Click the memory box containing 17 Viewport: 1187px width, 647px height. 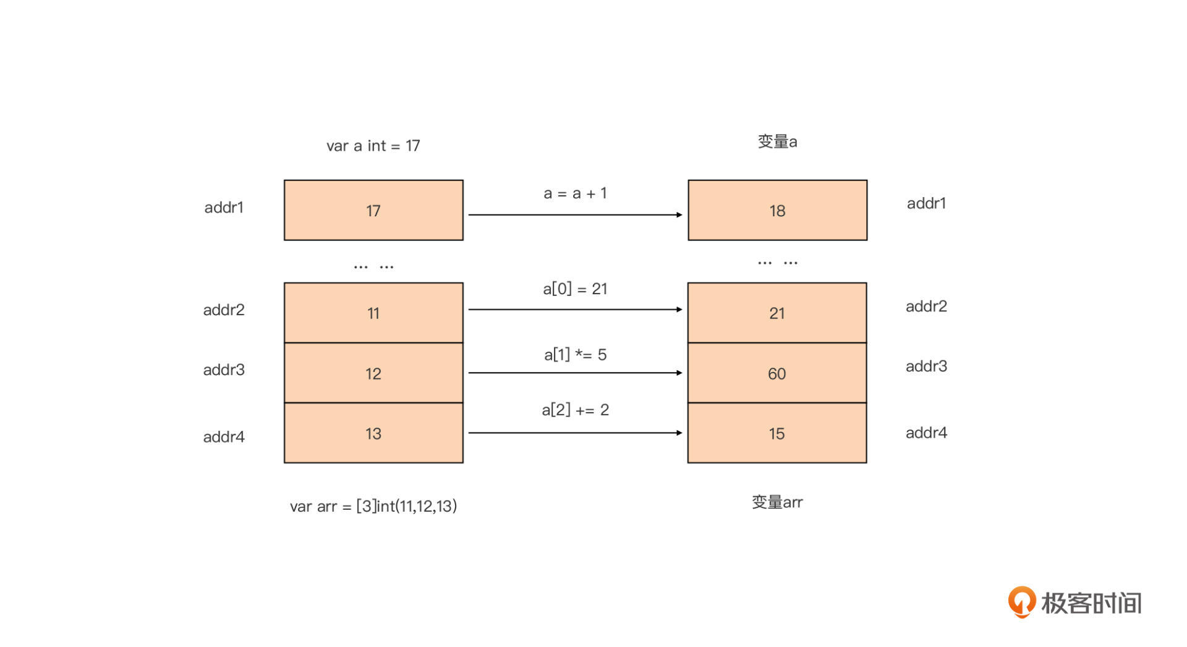373,210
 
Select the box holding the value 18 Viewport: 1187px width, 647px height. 777,210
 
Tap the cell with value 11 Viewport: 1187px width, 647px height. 373,313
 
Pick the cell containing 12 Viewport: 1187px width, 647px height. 373,373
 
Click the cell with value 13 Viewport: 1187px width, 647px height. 373,433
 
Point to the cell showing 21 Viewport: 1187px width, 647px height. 777,313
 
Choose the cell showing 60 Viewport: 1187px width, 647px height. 777,373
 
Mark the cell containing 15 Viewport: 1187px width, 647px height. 777,433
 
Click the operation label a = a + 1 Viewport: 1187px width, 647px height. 575,193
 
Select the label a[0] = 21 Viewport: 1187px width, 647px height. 575,289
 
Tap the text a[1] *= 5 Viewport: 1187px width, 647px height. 575,355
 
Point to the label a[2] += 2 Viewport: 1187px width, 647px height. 575,410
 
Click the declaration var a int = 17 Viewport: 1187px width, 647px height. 373,146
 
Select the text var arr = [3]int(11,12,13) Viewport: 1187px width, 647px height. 373,506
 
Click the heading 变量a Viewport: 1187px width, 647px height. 777,142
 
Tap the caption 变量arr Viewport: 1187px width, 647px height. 777,502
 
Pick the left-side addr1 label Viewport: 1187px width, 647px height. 224,207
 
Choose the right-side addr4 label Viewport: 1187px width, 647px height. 926,433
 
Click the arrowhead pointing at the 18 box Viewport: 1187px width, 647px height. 679,215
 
